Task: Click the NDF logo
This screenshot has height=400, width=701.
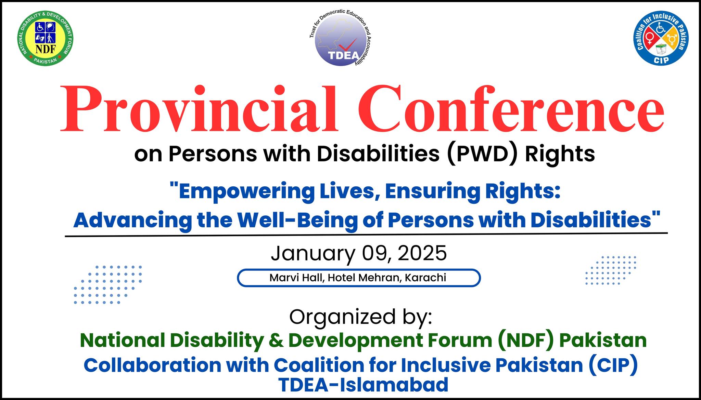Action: [x=45, y=39]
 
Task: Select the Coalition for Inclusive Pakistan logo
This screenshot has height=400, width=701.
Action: [x=661, y=38]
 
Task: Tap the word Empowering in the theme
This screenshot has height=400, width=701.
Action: [x=245, y=192]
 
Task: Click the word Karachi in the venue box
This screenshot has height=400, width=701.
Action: [x=425, y=278]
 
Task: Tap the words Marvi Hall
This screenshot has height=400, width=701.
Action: [x=297, y=278]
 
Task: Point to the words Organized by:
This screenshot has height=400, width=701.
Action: [x=361, y=317]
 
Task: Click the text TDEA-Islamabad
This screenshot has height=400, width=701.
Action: [x=363, y=385]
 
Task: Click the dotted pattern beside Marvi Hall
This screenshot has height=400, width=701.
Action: [x=108, y=284]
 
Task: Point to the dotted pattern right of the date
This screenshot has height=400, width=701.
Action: [x=611, y=270]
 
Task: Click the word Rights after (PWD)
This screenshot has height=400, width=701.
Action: [x=560, y=155]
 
